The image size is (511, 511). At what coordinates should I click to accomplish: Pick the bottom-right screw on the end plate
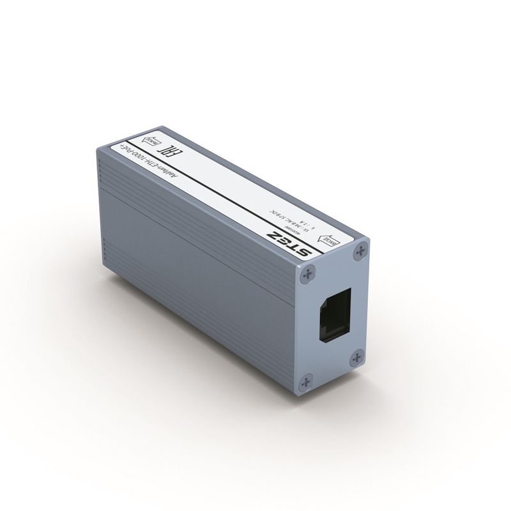pyautogui.click(x=360, y=355)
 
